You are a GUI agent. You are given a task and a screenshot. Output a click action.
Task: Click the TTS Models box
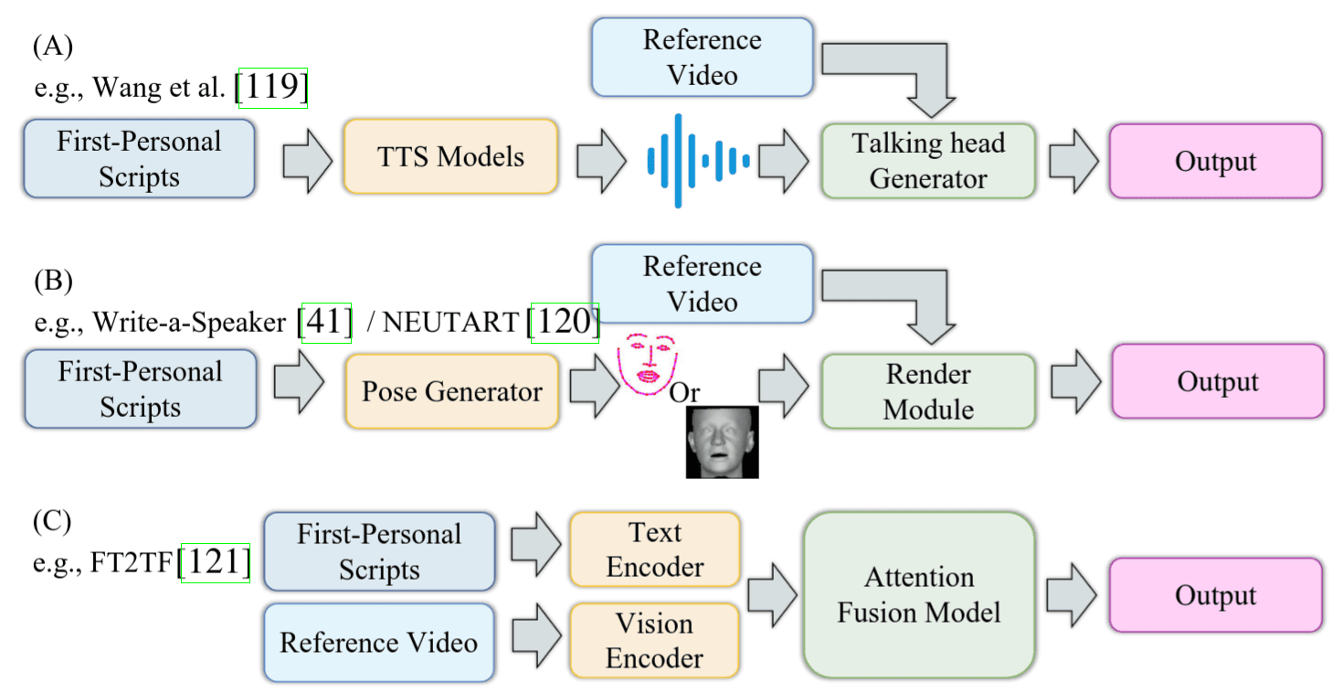pos(450,156)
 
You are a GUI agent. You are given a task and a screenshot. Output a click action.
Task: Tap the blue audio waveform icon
pos(698,160)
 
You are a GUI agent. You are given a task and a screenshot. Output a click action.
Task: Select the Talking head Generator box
pos(927,161)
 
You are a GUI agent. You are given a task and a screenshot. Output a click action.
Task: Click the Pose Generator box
pos(451,392)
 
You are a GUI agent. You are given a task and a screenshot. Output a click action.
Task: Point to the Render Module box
pos(927,391)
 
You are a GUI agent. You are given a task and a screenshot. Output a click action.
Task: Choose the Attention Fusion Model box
pos(918,594)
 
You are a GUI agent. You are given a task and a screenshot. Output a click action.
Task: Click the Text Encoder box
pos(654,549)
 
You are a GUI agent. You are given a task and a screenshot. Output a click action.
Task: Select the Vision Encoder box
pos(654,641)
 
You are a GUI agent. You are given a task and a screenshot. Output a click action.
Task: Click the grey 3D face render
pos(722,442)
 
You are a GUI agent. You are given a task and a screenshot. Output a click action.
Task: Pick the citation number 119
pos(272,88)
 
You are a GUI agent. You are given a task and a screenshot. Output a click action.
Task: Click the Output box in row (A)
pos(1215,162)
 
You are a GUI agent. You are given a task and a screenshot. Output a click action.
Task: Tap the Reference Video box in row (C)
pos(378,642)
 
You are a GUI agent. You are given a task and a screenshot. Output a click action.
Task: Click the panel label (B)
pos(52,279)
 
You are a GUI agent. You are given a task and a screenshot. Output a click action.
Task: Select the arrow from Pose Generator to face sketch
pos(595,390)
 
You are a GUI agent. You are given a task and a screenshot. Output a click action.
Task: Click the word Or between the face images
pos(684,393)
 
